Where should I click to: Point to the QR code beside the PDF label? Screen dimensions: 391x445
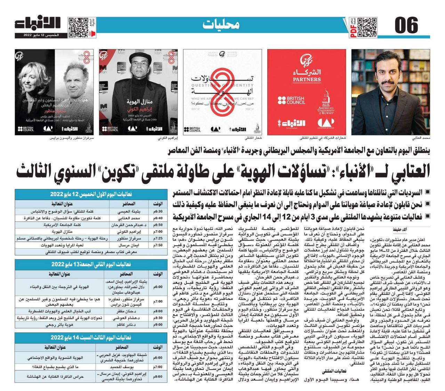(x=367, y=27)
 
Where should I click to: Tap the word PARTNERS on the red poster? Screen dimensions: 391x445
(x=307, y=79)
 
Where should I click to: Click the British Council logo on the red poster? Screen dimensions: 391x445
(x=291, y=101)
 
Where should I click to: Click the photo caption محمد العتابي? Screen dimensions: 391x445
(x=421, y=138)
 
